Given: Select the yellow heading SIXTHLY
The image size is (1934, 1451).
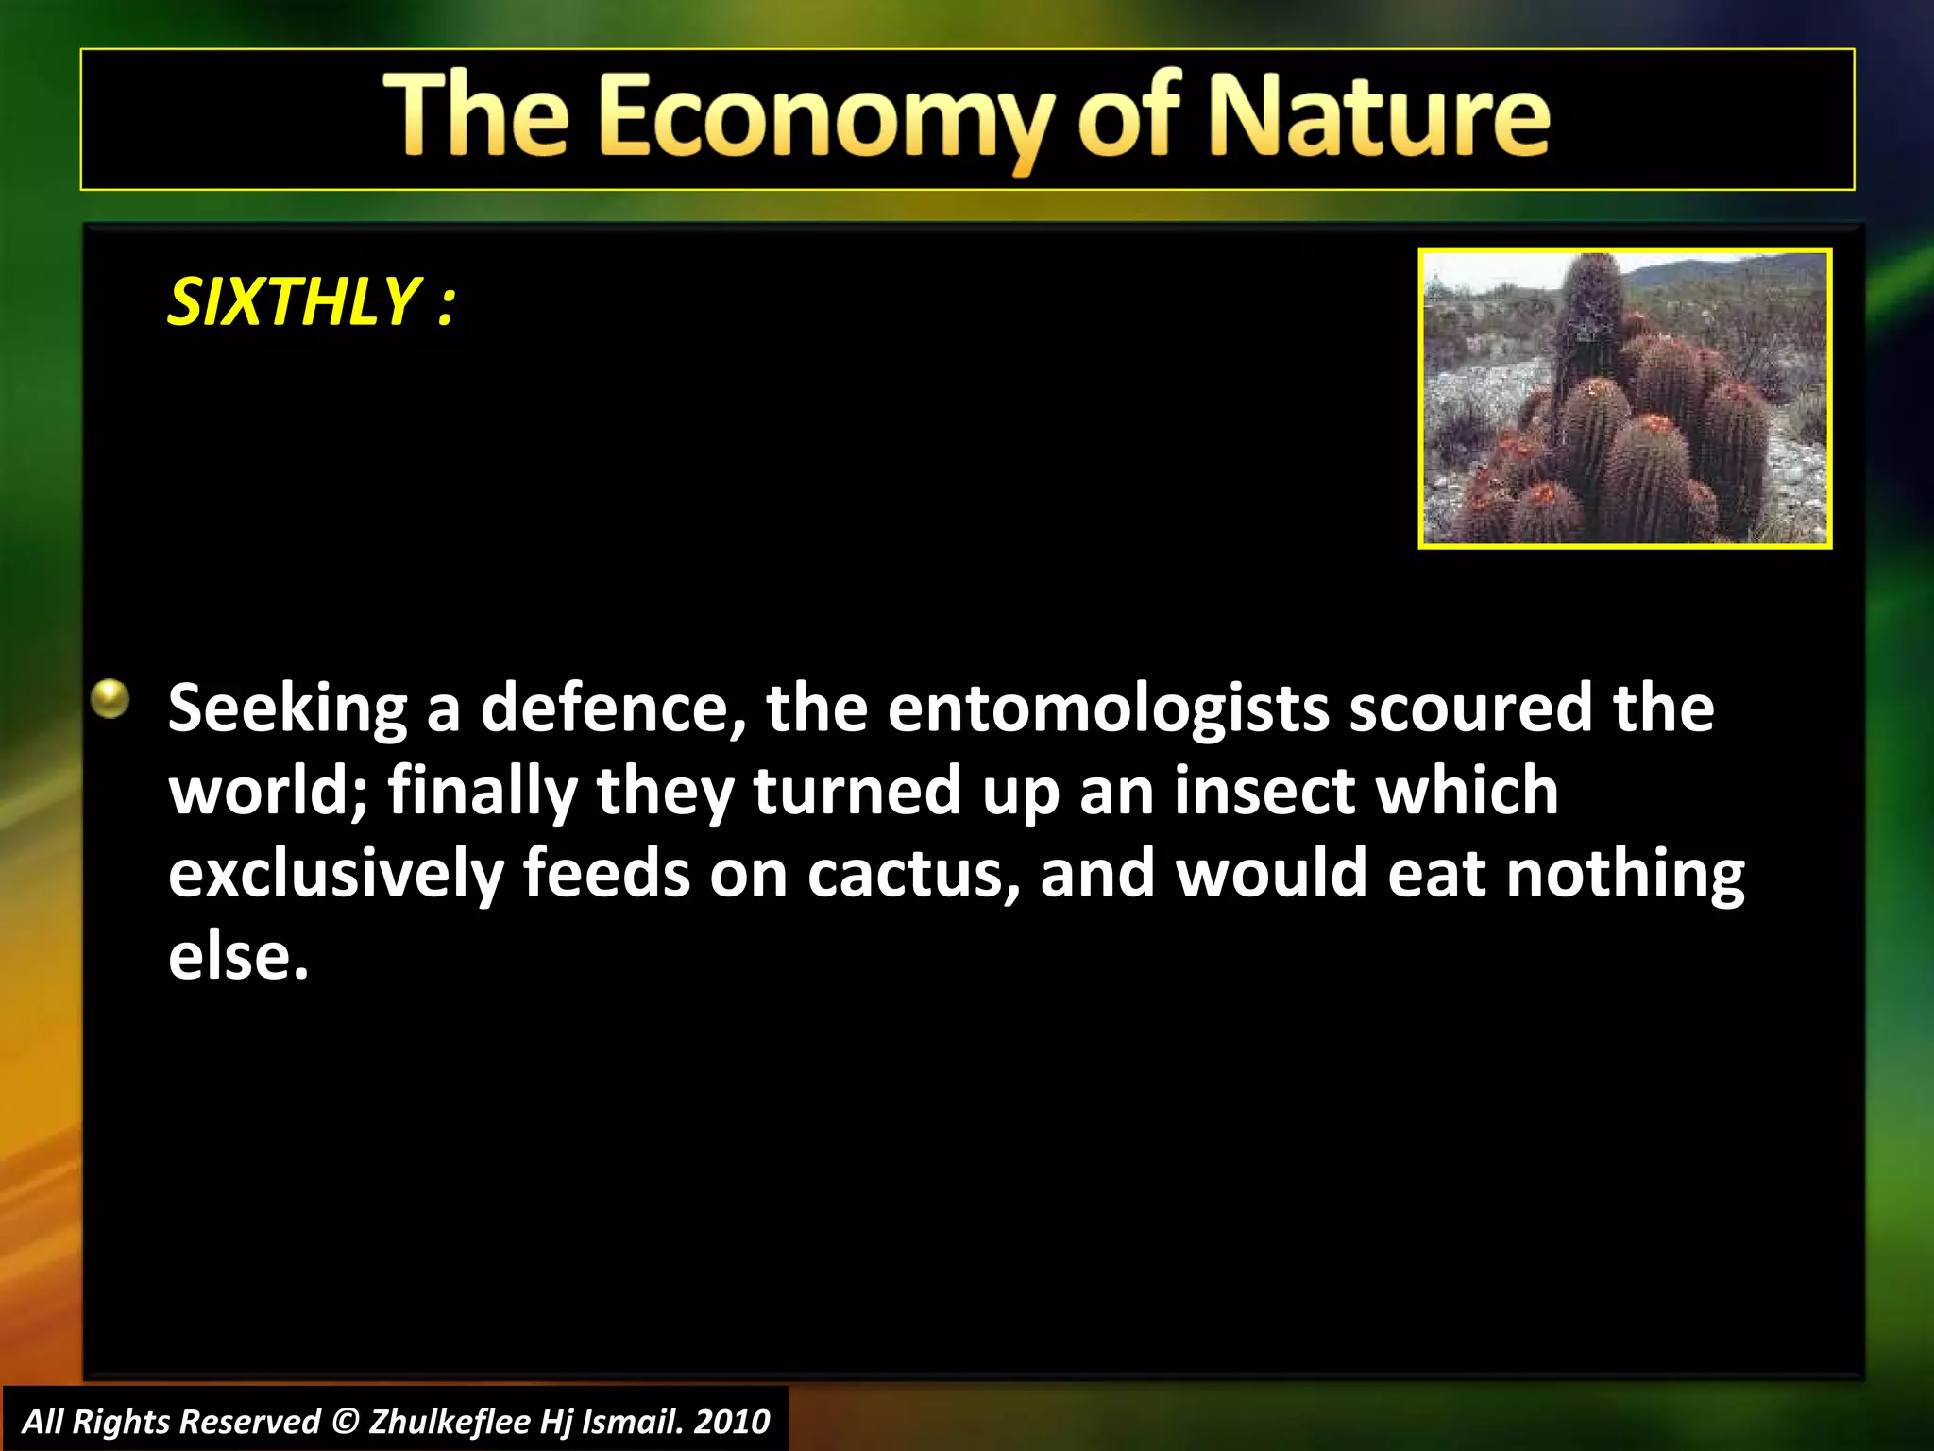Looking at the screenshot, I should coord(293,302).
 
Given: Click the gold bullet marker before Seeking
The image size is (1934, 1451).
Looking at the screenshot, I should coord(110,700).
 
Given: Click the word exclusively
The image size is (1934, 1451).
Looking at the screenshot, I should coord(335,874).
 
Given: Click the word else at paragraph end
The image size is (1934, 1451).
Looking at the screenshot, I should coord(238,956).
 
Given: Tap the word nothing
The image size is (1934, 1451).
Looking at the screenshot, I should coord(1624,874).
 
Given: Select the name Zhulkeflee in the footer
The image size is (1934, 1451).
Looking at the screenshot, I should coord(449,1422).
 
